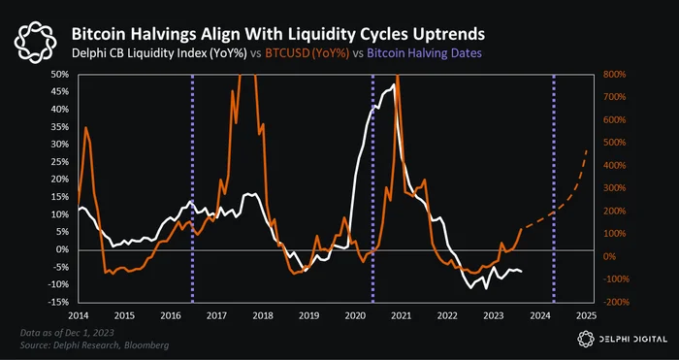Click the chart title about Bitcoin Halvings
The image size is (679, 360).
(x=277, y=34)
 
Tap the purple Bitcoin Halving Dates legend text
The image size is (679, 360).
(x=425, y=53)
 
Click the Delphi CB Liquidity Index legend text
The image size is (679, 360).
(x=159, y=53)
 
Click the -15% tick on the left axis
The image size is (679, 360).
(x=60, y=302)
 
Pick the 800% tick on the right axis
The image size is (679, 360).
(x=614, y=75)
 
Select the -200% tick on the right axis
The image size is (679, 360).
(x=614, y=302)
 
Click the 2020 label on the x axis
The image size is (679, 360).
(x=353, y=315)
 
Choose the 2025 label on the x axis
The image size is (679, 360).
(x=587, y=315)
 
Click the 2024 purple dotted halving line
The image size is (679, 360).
(x=554, y=188)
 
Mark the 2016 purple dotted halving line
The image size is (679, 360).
(x=193, y=188)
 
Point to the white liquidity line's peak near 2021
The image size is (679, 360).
(x=394, y=84)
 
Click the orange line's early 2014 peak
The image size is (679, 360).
(x=85, y=127)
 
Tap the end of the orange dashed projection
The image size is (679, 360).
(x=587, y=149)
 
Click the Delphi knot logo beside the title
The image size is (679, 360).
(x=35, y=42)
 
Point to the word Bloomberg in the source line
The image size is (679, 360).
(x=149, y=345)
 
